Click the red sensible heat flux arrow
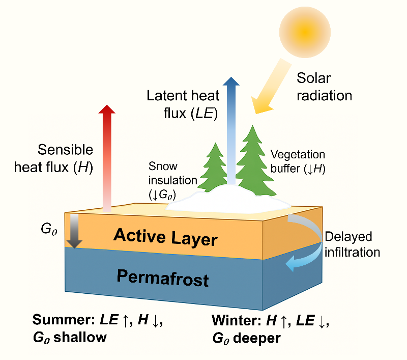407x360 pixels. pyautogui.click(x=106, y=158)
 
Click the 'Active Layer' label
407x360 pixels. pyautogui.click(x=165, y=237)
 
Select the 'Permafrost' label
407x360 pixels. pyautogui.click(x=163, y=278)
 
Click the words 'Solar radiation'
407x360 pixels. pyautogui.click(x=323, y=87)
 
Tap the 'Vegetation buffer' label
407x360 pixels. pyautogui.click(x=298, y=161)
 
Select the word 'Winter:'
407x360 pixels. pyautogui.click(x=235, y=321)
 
